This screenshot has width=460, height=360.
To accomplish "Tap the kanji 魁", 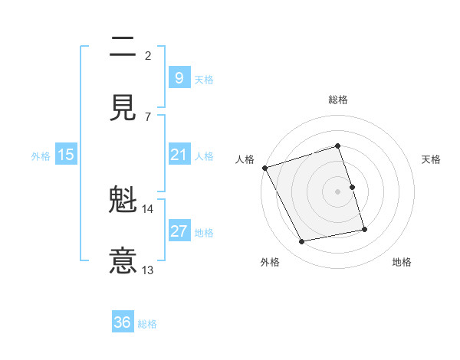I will (x=123, y=201).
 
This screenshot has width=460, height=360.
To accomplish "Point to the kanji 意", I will (x=123, y=260).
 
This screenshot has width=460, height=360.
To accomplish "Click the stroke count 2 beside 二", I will (x=148, y=55).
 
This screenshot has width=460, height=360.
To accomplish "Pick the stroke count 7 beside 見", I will (x=148, y=116).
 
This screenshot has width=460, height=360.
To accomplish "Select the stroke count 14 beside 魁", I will (x=147, y=209).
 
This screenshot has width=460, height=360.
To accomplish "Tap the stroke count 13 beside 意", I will (x=148, y=270).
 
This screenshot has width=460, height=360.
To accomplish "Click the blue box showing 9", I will (x=179, y=77).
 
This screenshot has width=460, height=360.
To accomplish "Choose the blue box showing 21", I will (x=179, y=155).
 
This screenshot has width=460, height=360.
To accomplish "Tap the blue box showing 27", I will (x=179, y=231).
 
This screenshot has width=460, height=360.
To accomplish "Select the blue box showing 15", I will (x=66, y=155).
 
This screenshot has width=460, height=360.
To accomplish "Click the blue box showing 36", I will (x=122, y=322).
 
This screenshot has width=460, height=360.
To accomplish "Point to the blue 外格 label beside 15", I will (x=41, y=155).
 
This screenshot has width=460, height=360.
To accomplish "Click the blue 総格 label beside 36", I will (x=147, y=324).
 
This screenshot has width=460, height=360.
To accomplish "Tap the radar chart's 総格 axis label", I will (x=338, y=100).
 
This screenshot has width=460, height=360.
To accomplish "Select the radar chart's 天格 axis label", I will (x=432, y=159).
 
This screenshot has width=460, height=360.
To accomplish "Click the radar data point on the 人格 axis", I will (x=264, y=168).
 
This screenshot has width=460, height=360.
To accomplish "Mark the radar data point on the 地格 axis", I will (x=364, y=228).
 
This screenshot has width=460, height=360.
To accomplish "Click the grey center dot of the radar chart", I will (x=338, y=191).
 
